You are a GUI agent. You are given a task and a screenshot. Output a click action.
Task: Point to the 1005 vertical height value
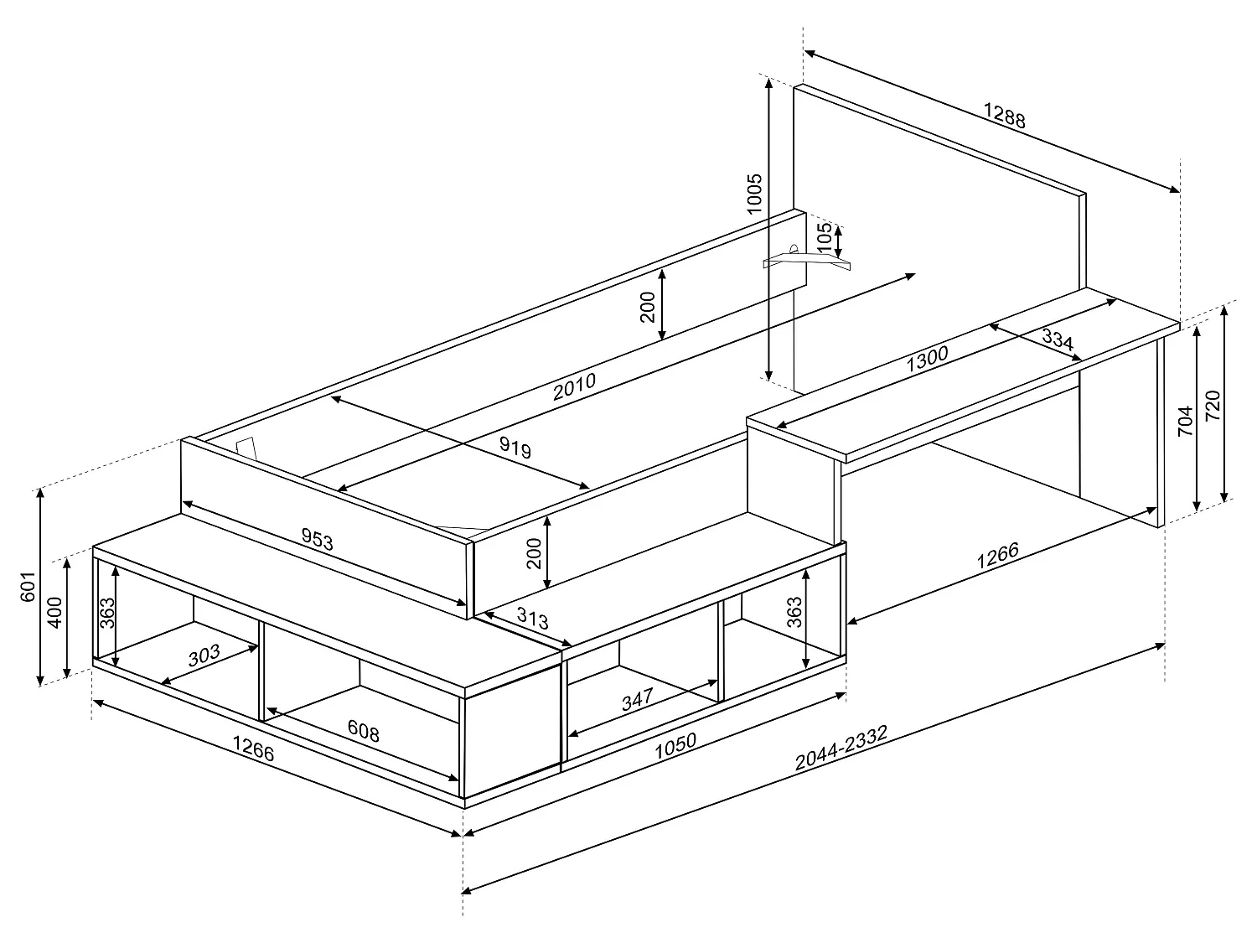tap(754, 194)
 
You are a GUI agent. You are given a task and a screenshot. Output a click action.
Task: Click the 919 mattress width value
tap(515, 448)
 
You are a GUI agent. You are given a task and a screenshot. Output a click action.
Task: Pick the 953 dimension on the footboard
tap(317, 541)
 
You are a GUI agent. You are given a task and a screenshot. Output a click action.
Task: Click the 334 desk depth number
tap(1058, 339)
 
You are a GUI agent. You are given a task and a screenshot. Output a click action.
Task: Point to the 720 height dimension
tap(1212, 407)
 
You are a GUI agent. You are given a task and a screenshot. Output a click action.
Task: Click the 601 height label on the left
tap(27, 587)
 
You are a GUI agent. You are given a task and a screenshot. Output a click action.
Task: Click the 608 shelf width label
tap(363, 731)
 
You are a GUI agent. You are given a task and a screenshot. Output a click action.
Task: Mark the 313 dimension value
tap(531, 619)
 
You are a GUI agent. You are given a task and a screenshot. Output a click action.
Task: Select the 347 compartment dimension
tap(638, 700)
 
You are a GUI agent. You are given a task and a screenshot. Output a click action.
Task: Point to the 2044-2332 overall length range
tap(841, 747)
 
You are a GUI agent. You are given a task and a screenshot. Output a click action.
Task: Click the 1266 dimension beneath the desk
tap(997, 556)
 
